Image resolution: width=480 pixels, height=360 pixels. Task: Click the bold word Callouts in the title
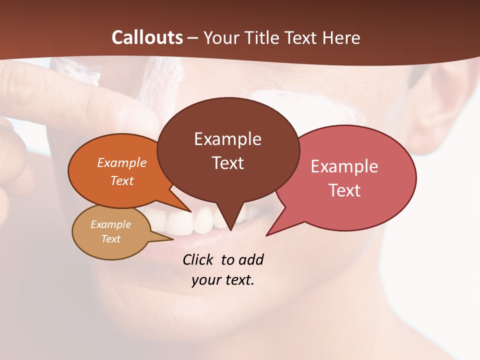click(147, 37)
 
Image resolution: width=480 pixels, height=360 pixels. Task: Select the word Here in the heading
click(340, 37)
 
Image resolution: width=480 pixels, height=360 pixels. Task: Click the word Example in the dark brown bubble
click(227, 139)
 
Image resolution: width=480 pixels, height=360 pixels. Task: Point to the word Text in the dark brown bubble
click(227, 163)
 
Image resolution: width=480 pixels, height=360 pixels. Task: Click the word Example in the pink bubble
click(344, 166)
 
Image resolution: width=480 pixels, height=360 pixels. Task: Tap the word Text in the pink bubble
click(344, 190)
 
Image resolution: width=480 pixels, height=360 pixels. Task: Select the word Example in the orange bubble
click(122, 162)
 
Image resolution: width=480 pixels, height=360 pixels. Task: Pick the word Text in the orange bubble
click(122, 180)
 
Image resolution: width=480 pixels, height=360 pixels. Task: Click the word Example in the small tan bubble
click(110, 224)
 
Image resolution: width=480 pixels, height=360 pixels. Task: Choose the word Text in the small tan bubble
click(110, 239)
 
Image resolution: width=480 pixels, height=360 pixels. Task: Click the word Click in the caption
click(198, 259)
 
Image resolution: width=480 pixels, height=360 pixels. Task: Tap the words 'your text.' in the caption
click(223, 280)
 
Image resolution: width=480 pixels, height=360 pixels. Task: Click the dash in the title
click(193, 38)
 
